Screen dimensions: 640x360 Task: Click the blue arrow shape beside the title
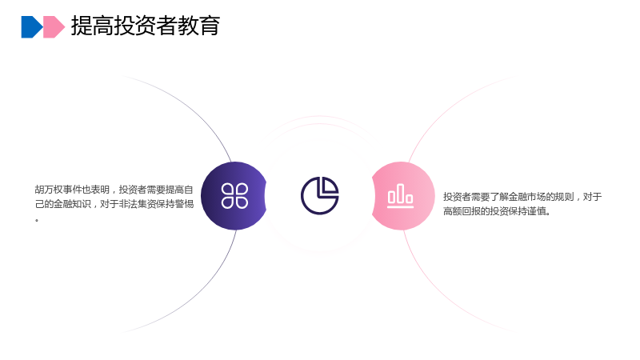[31, 27]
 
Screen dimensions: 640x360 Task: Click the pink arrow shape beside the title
[54, 27]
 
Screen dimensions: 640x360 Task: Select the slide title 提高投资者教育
[146, 26]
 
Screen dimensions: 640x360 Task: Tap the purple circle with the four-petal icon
[234, 196]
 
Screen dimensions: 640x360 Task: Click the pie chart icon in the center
[319, 195]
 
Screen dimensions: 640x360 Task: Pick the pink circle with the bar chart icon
[403, 196]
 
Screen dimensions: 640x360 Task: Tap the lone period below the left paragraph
[37, 221]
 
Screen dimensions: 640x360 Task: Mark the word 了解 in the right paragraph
[499, 197]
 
